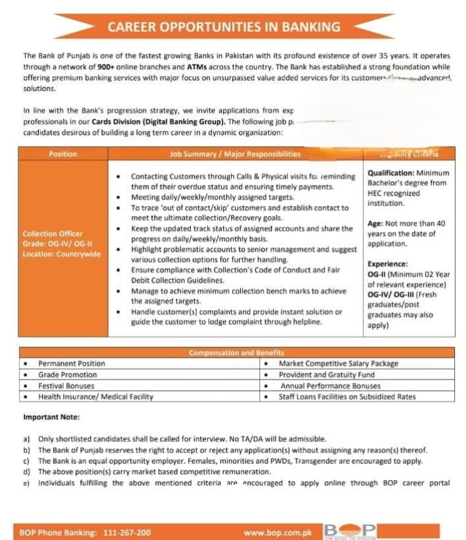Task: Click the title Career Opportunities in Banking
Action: tap(224, 27)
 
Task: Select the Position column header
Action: tap(63, 154)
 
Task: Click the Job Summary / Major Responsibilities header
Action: tap(235, 154)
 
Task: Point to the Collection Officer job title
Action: tap(53, 234)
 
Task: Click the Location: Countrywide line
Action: tap(62, 254)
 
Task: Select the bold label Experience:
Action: tap(387, 264)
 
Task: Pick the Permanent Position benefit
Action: tap(71, 364)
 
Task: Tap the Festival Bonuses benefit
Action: tap(66, 386)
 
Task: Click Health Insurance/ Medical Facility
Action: tap(95, 396)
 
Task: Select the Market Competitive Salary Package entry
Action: tap(338, 364)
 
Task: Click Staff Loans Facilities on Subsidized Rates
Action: tap(348, 396)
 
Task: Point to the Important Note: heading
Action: tap(51, 417)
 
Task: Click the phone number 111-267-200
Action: tap(126, 532)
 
